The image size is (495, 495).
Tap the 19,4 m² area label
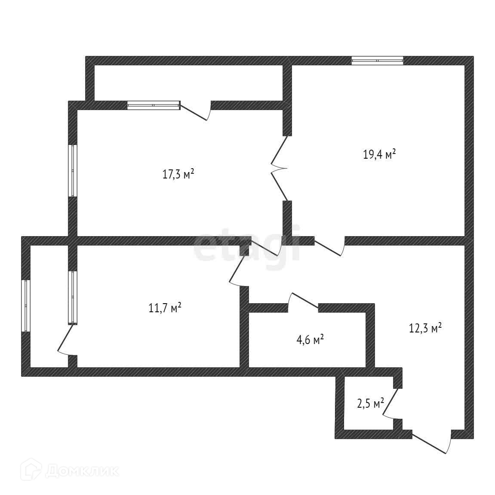coord(379,154)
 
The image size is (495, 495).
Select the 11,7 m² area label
coord(165,308)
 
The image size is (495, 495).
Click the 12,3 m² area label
coord(425,329)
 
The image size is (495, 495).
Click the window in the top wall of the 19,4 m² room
coord(377,61)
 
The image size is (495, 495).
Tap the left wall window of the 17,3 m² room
coord(73,171)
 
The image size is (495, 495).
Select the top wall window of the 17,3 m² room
coord(154,105)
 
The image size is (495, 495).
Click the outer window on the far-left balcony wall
coord(26,305)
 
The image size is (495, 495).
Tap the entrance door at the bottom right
coord(431,441)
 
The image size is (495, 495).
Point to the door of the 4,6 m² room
coord(304,301)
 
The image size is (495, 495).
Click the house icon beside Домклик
coord(34,470)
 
